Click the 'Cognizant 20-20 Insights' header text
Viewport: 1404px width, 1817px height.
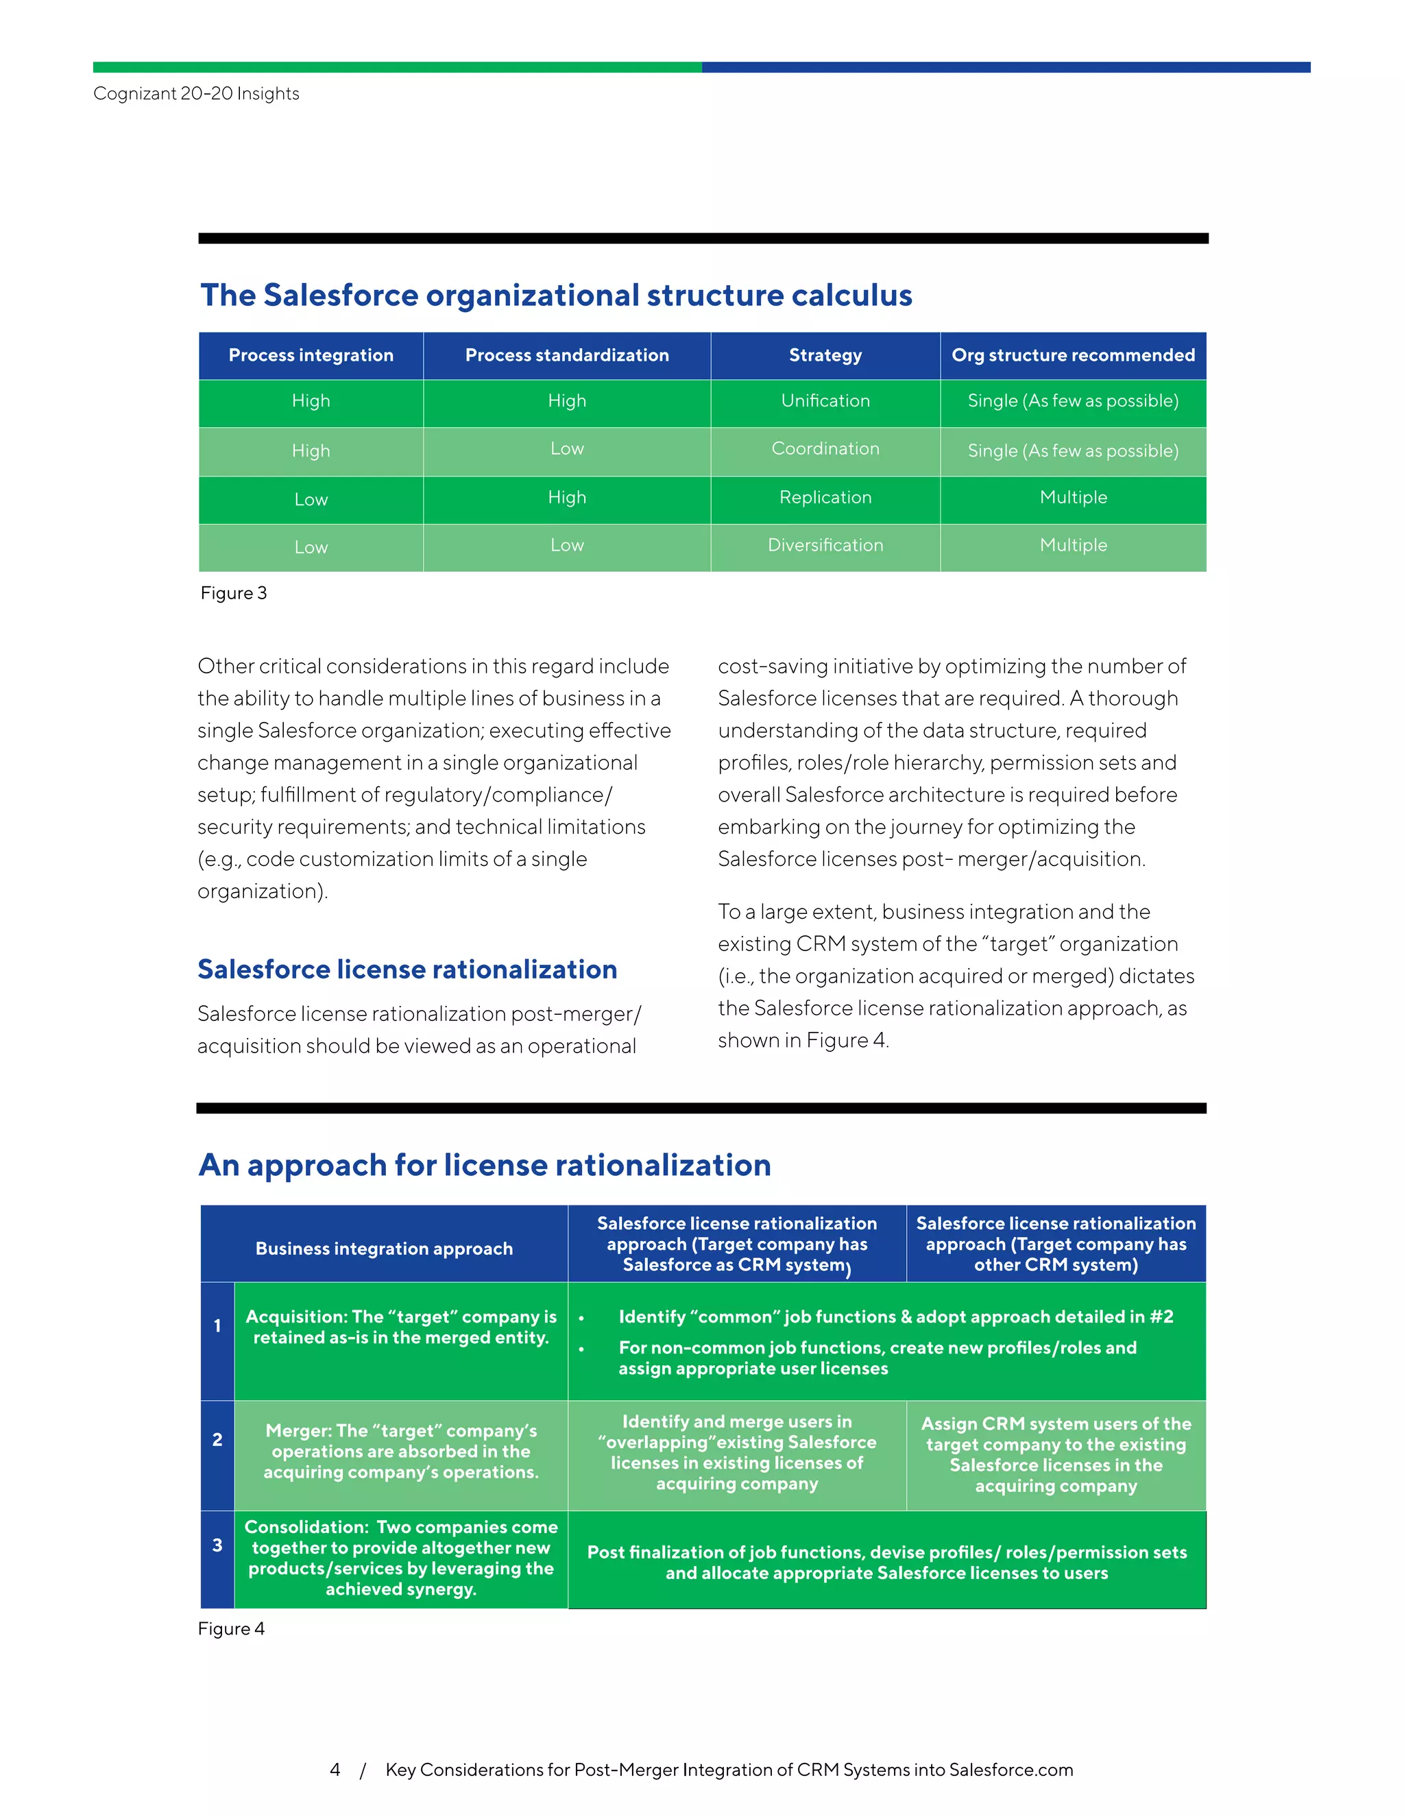[x=196, y=93]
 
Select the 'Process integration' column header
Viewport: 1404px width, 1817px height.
[x=311, y=355]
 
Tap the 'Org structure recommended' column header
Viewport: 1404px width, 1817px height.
[x=1073, y=355]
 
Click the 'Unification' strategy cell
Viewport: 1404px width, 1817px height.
[x=825, y=401]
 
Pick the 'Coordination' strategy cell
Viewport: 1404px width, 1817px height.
[x=825, y=449]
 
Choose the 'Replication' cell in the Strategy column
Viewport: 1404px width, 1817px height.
[x=825, y=498]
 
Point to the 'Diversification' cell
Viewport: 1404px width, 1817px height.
[x=825, y=546]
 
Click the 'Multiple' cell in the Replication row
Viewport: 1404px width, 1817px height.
[x=1073, y=498]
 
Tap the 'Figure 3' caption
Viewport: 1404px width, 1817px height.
[x=234, y=593]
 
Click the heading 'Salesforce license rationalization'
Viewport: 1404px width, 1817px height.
[x=407, y=970]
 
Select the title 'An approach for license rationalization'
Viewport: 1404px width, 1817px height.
[x=485, y=1165]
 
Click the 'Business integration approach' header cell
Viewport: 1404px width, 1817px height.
[x=383, y=1249]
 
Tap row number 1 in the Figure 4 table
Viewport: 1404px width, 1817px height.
[x=217, y=1326]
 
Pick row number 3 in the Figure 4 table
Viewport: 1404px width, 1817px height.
[x=217, y=1545]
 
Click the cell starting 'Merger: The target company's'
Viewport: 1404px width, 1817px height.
[x=401, y=1451]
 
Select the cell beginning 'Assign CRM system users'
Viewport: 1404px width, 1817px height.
[x=1056, y=1454]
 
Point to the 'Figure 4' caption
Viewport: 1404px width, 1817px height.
[x=231, y=1629]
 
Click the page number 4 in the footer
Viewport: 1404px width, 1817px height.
[x=335, y=1770]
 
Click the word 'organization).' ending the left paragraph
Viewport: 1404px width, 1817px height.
[x=263, y=892]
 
